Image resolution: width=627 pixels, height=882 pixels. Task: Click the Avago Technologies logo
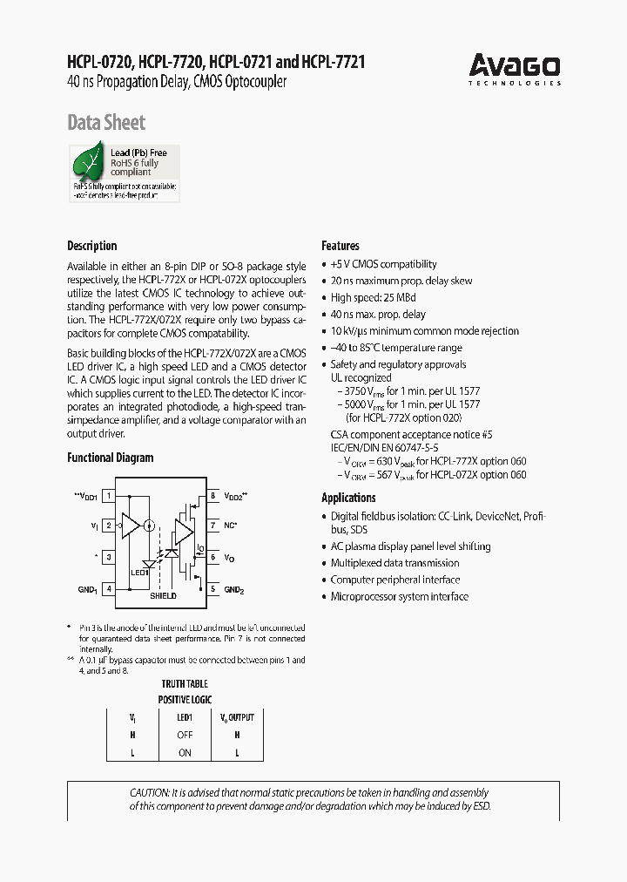(x=515, y=69)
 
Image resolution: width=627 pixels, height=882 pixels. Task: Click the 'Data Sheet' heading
(x=106, y=123)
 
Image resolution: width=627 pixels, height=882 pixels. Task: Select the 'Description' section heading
(x=92, y=246)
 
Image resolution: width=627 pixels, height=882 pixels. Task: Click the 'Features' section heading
(x=340, y=246)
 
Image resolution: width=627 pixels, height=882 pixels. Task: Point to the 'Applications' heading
(x=348, y=498)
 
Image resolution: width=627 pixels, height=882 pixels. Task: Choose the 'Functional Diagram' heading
(x=111, y=458)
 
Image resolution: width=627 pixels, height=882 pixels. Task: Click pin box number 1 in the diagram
(x=109, y=496)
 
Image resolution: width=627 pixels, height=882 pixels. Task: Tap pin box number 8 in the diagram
(x=212, y=496)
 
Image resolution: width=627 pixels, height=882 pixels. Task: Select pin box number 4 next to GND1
(x=109, y=589)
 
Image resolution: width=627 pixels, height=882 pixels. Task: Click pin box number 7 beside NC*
(x=212, y=526)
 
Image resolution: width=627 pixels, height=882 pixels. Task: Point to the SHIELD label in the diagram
(x=163, y=596)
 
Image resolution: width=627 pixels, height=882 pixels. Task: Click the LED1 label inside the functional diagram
(x=140, y=573)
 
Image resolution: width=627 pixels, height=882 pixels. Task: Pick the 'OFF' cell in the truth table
(x=185, y=735)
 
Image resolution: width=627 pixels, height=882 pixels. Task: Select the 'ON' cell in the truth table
(x=185, y=752)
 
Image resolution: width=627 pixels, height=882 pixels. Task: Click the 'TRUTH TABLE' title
(x=185, y=685)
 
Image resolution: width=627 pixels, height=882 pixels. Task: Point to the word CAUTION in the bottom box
(x=150, y=792)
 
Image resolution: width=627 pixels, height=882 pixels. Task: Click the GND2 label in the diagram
(x=235, y=590)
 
